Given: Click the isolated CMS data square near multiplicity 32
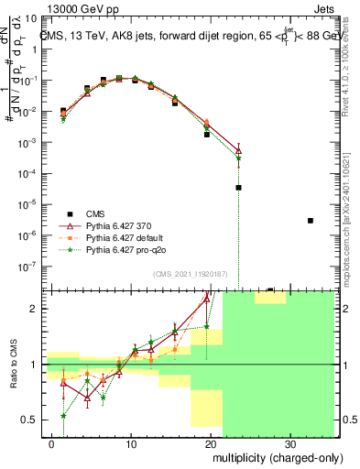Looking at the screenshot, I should click(311, 221).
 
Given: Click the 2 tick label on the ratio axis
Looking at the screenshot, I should click(37, 309).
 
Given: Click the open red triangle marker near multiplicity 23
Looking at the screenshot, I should click(238, 149).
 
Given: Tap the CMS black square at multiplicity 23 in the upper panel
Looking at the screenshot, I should click(238, 187).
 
